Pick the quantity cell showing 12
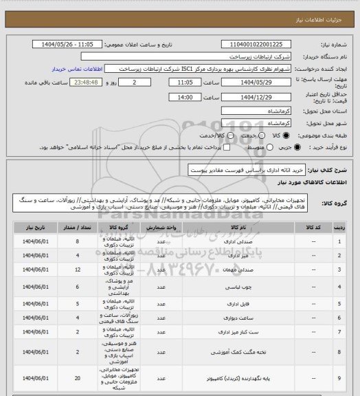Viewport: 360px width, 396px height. (78, 272)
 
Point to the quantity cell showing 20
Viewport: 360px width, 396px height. (78, 378)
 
